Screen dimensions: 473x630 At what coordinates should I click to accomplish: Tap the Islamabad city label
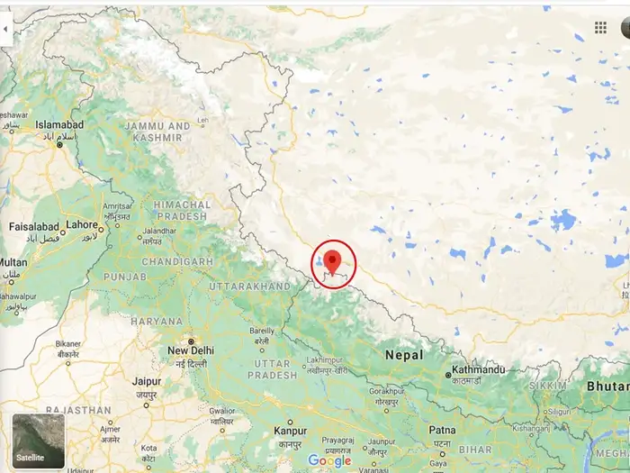pos(59,125)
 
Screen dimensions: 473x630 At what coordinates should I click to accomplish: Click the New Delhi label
pos(191,350)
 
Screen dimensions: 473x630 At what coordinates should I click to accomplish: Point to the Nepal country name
pos(404,355)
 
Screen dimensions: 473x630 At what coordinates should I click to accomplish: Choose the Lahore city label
pos(82,224)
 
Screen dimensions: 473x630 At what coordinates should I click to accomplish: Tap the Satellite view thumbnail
pos(39,441)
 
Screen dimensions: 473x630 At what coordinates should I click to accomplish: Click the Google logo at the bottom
pos(329,460)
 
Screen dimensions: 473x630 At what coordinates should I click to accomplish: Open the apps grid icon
pos(600,28)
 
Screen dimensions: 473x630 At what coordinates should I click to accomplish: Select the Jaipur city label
pos(146,381)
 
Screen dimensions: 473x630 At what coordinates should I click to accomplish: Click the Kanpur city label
pos(290,432)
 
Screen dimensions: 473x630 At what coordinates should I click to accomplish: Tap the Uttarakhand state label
pos(249,286)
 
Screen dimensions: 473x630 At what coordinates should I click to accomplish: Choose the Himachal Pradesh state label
pos(181,211)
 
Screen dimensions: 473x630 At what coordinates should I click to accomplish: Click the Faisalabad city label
pos(34,226)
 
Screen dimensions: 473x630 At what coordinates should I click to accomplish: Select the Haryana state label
pos(157,321)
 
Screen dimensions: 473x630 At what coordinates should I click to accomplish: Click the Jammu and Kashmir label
pos(157,132)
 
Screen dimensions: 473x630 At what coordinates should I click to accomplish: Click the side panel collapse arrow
pos(5,30)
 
